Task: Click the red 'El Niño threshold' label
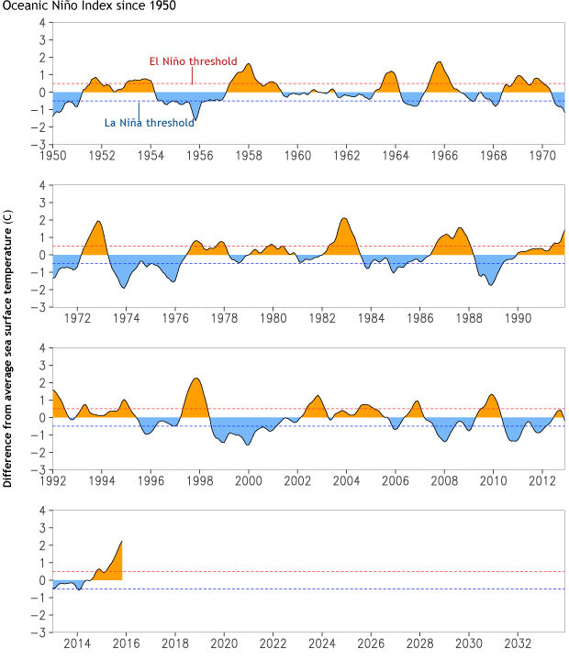point(193,61)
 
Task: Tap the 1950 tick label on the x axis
point(52,156)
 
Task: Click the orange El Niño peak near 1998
point(195,379)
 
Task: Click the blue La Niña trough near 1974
point(124,286)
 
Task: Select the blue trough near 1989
point(491,283)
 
